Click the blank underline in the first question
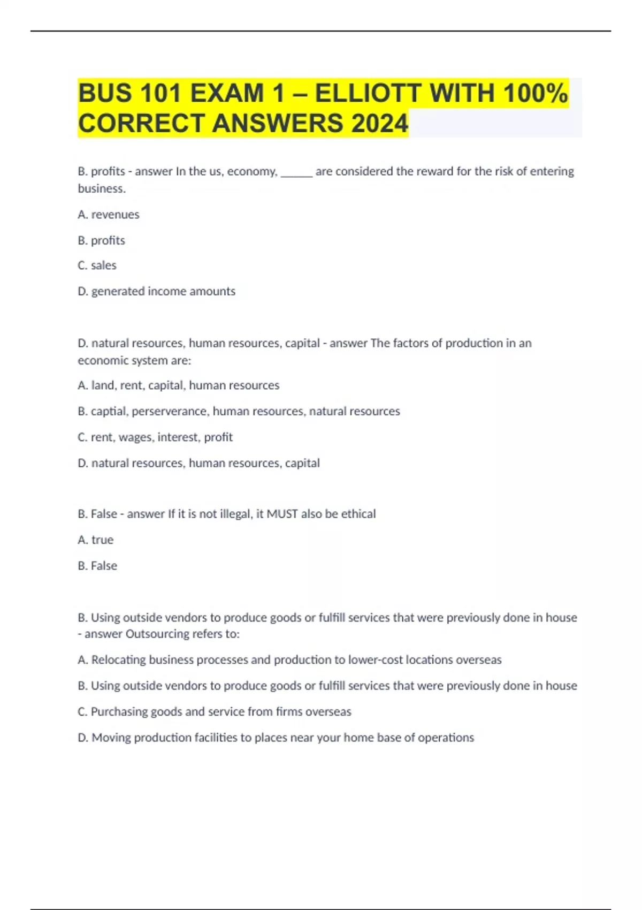(296, 172)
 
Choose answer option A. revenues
(109, 215)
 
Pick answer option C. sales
(97, 266)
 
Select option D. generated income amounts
(156, 291)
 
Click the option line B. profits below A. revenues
(101, 240)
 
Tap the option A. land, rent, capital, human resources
(178, 385)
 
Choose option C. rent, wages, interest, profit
(155, 437)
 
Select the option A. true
(95, 540)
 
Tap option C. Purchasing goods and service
(214, 712)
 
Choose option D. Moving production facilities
(276, 738)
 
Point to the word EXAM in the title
(227, 93)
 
